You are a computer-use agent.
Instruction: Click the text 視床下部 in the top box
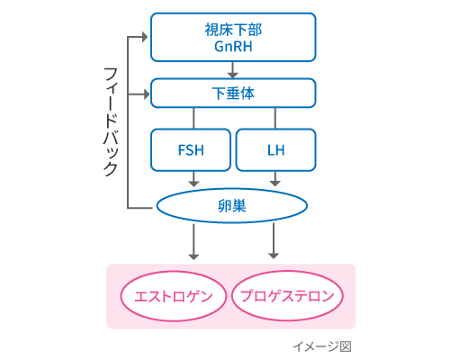[x=233, y=30]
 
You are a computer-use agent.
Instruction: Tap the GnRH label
[x=233, y=47]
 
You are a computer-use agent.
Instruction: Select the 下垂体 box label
[x=233, y=94]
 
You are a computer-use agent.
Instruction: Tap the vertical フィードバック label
[x=111, y=121]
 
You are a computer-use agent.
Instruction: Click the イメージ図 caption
[x=322, y=346]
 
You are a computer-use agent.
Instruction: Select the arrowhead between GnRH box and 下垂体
[x=233, y=75]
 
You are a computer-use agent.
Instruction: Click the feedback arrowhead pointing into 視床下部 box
[x=145, y=37]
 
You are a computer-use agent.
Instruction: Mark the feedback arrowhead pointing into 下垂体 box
[x=147, y=94]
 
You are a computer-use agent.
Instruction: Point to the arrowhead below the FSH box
[x=193, y=183]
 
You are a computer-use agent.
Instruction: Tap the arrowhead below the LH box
[x=275, y=183]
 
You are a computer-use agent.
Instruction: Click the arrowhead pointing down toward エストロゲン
[x=193, y=256]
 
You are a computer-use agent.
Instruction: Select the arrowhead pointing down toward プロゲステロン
[x=274, y=256]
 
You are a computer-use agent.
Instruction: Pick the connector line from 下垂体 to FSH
[x=193, y=118]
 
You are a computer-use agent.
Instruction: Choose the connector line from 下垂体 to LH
[x=275, y=118]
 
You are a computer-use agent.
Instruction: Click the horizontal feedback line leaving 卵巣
[x=139, y=208]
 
